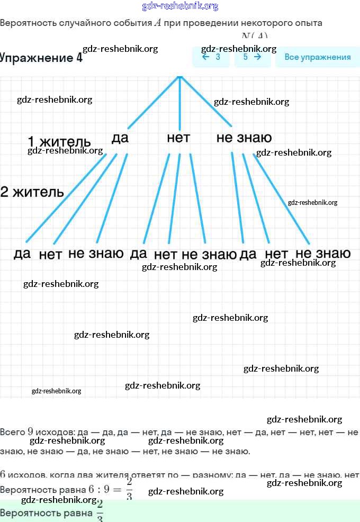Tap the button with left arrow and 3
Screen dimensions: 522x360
point(211,57)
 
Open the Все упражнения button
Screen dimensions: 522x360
point(317,57)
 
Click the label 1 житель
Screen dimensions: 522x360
point(59,142)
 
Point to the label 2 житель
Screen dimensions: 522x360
point(32,192)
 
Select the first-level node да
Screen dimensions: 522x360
point(120,138)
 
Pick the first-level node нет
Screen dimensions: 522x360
point(178,138)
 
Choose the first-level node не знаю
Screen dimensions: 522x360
point(244,138)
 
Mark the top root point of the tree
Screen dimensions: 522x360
point(180,77)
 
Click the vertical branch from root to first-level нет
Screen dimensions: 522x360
point(180,103)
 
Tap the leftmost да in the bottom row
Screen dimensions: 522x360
point(22,254)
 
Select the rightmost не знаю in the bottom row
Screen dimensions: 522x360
point(323,254)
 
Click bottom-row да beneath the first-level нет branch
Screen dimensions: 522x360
point(138,254)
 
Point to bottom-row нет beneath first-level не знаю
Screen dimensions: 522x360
point(276,254)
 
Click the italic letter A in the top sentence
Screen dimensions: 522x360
point(157,23)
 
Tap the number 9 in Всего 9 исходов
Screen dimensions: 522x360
point(31,431)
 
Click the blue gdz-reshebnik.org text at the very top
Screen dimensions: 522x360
point(180,6)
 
